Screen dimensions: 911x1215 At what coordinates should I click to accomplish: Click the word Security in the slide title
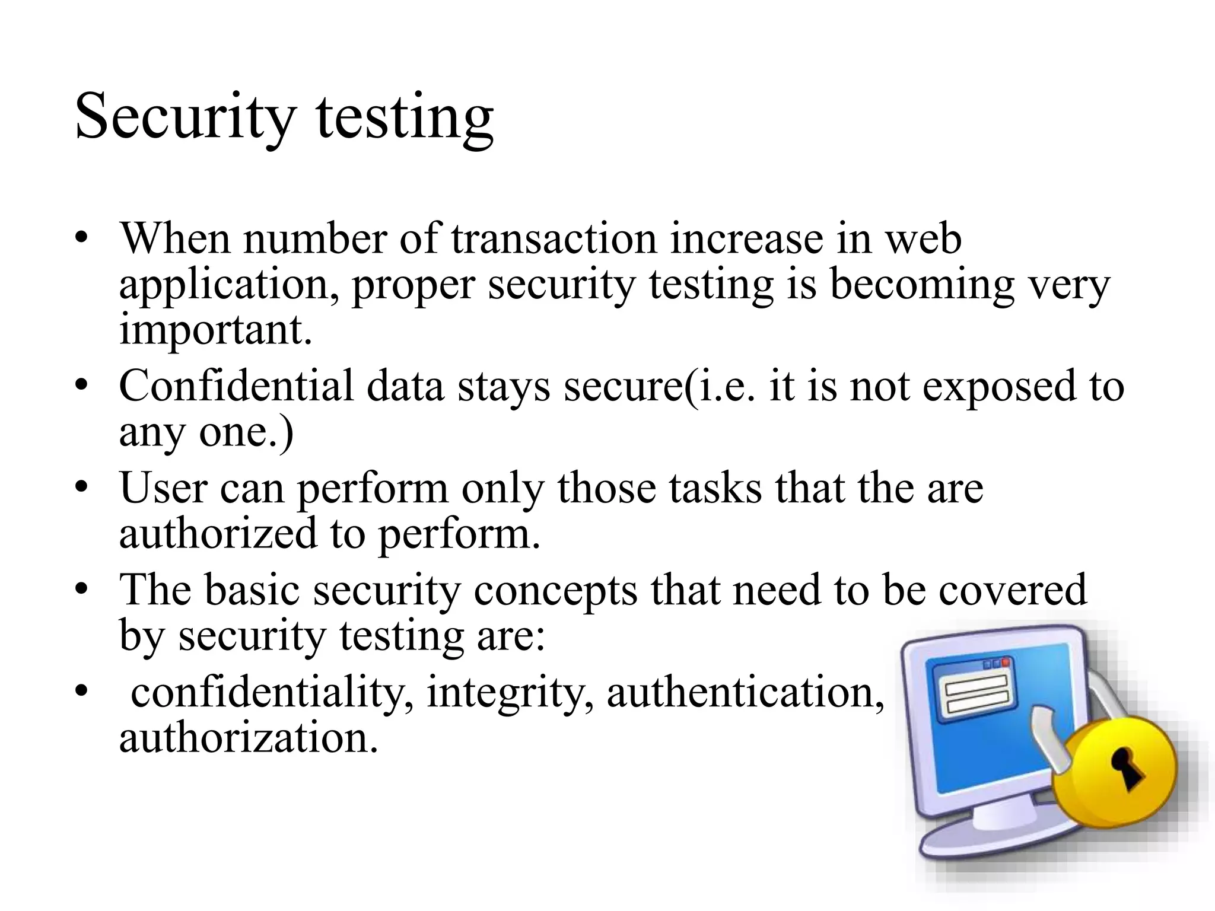(185, 117)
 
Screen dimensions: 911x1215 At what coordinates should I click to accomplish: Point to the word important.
(215, 330)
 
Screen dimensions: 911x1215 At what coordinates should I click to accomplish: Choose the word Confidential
(236, 386)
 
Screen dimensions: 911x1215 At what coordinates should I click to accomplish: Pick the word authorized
(218, 533)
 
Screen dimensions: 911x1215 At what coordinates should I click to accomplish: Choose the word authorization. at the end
(249, 738)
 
